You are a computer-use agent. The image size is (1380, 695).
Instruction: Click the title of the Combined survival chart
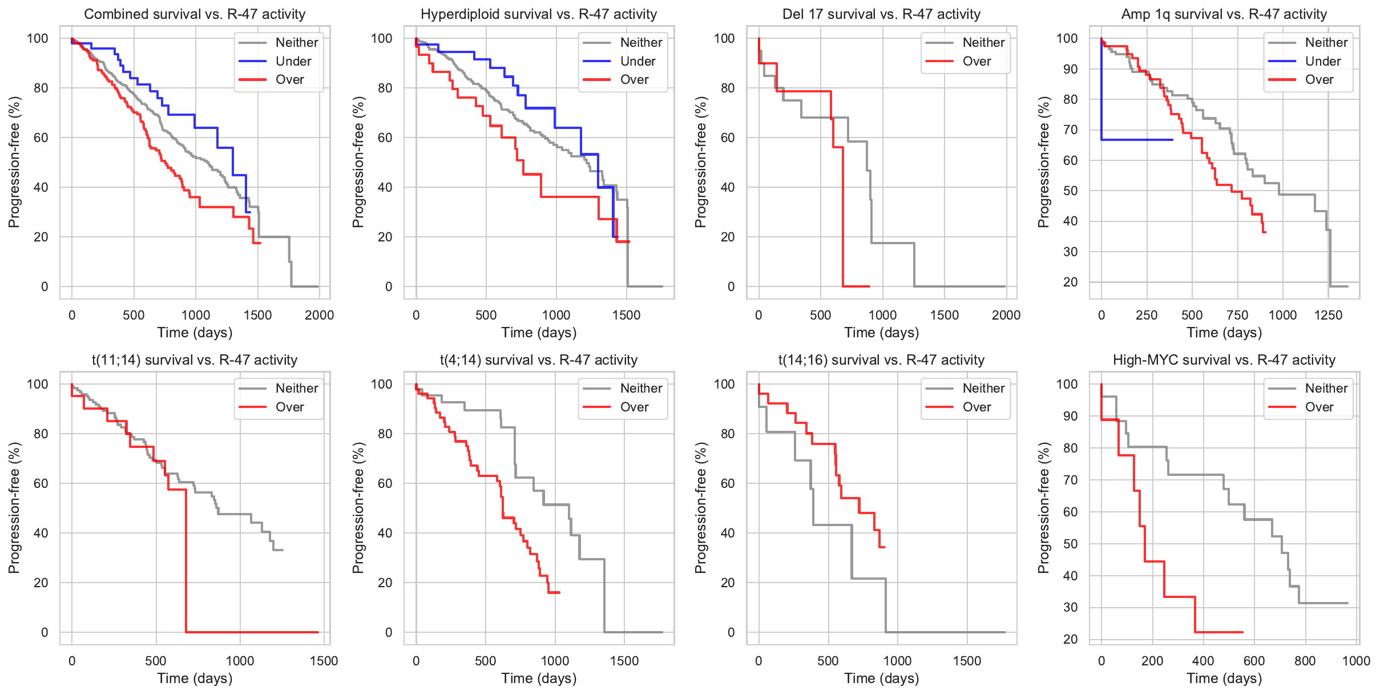[x=195, y=14]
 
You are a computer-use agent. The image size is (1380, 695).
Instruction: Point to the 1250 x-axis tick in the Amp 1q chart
[x=1328, y=315]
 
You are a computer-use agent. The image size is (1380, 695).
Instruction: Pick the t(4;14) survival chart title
[x=538, y=360]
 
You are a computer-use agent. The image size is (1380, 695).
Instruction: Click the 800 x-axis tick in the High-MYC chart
[x=1305, y=661]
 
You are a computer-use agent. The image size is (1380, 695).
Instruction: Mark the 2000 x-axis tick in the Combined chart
[x=319, y=315]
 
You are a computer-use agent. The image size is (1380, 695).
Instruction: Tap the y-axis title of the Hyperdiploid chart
[x=358, y=162]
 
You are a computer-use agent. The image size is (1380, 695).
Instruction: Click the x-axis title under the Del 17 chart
[x=881, y=333]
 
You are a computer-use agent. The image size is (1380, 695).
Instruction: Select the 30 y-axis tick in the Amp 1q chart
[x=1071, y=252]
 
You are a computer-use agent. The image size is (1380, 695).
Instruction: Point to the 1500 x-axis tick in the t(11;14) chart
[x=324, y=661]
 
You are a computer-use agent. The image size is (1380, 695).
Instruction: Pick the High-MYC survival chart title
[x=1224, y=360]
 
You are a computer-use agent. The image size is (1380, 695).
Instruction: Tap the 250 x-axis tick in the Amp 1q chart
[x=1147, y=315]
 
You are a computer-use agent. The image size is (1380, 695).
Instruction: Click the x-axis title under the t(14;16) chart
[x=881, y=678]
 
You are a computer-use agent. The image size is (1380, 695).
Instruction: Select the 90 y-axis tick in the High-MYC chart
[x=1071, y=416]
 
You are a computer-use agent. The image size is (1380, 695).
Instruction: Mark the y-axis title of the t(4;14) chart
[x=358, y=508]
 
